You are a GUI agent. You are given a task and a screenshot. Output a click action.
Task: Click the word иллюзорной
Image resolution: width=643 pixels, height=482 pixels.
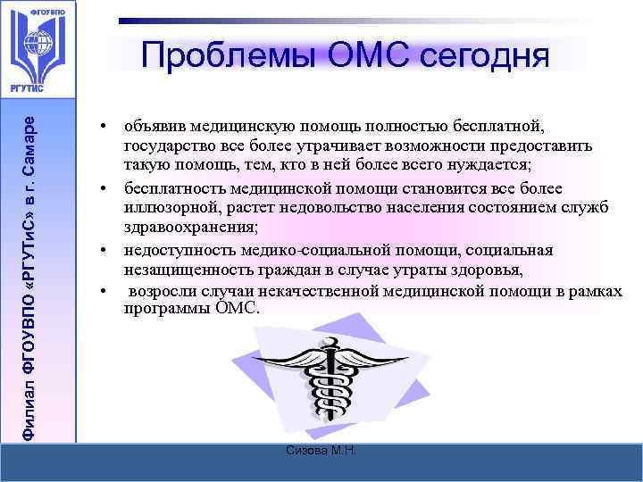164,208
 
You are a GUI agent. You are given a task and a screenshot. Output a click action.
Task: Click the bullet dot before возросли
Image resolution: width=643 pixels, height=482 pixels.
104,291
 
